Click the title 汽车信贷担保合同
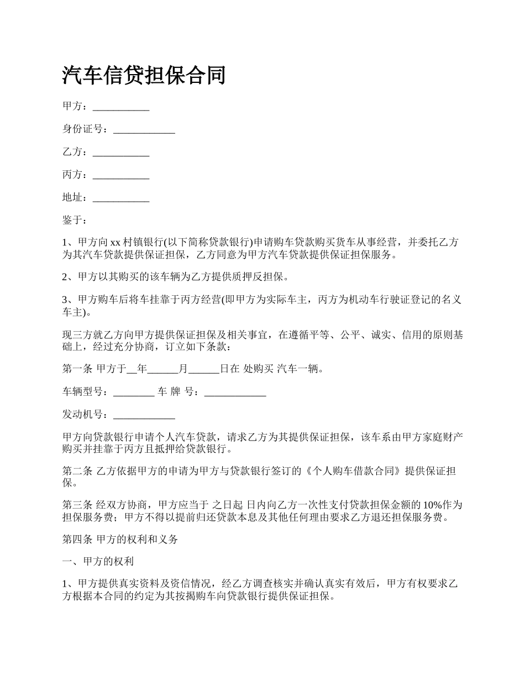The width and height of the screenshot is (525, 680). click(144, 75)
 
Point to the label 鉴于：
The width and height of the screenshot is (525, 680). click(75, 221)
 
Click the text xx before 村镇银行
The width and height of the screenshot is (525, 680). click(116, 243)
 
